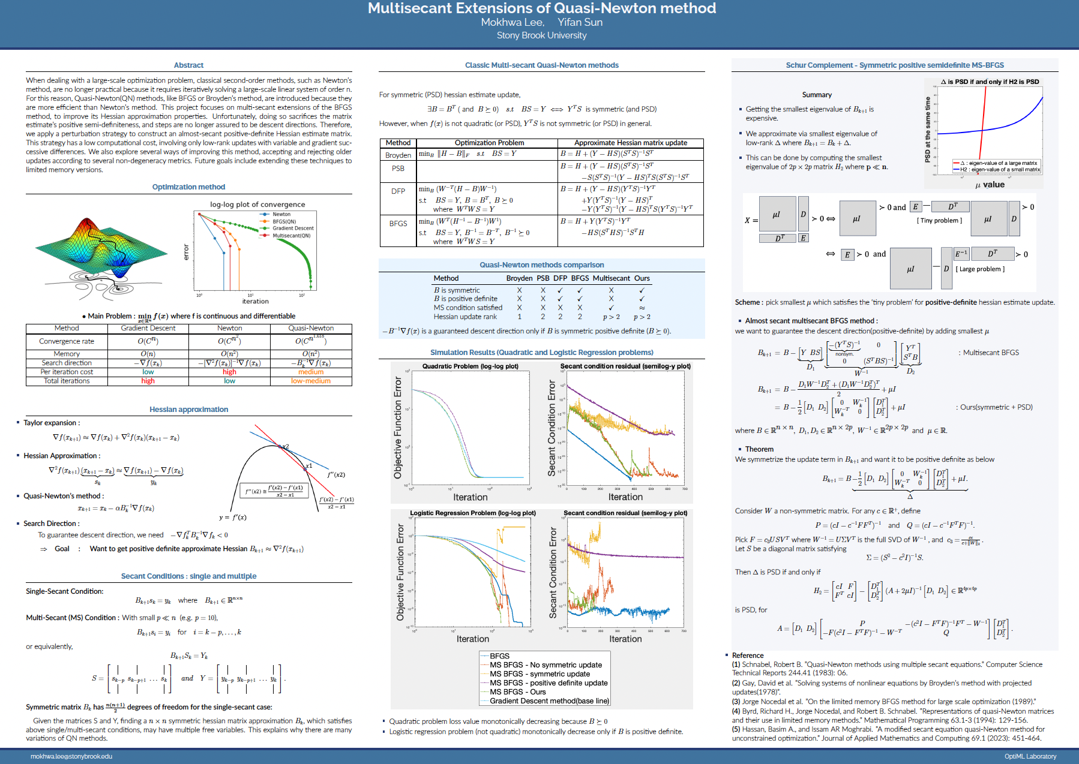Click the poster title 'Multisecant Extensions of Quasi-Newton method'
point(541,8)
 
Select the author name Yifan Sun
point(580,22)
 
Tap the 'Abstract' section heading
point(188,65)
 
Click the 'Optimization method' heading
point(188,187)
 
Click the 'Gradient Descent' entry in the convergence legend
point(293,228)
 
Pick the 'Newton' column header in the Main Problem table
point(229,328)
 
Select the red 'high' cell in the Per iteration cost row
point(229,372)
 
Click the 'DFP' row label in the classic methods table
point(398,191)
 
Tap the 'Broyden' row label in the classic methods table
point(398,155)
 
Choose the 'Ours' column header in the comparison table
point(642,278)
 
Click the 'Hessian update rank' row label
point(465,317)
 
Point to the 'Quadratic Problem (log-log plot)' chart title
point(470,366)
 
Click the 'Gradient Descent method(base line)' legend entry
point(549,700)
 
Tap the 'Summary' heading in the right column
point(817,95)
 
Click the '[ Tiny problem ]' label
point(939,221)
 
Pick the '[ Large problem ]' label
point(980,269)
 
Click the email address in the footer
point(71,756)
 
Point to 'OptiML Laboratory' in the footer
point(1030,756)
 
